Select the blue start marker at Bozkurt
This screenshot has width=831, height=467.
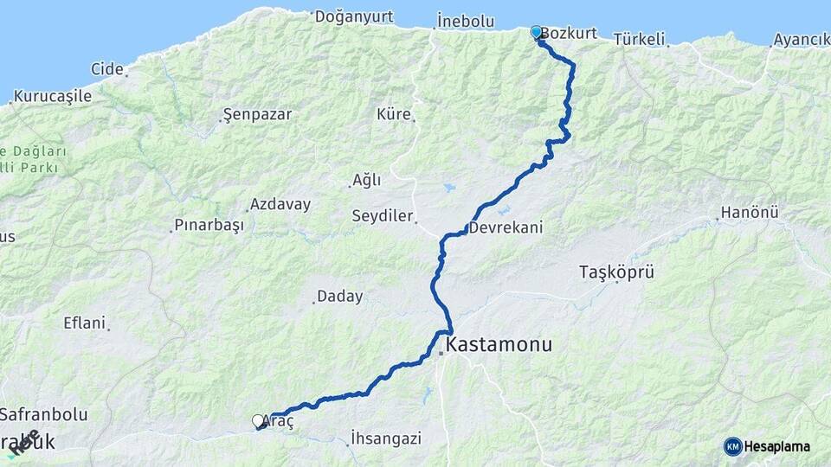536,33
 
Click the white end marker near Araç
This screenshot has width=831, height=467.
258,421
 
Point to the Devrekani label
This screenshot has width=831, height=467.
506,228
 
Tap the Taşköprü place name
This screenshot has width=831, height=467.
616,272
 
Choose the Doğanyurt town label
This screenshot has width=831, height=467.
354,16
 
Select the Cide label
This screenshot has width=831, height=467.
107,68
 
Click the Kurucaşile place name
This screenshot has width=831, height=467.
53,96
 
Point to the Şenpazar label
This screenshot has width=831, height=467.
257,114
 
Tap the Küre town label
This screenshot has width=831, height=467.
394,114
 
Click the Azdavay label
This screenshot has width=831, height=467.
280,205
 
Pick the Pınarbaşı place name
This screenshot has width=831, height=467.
209,225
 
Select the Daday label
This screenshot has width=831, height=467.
339,297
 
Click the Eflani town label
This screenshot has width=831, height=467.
84,323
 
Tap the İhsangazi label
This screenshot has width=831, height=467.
386,438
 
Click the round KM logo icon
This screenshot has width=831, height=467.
733,446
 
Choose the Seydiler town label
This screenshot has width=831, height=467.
383,215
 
